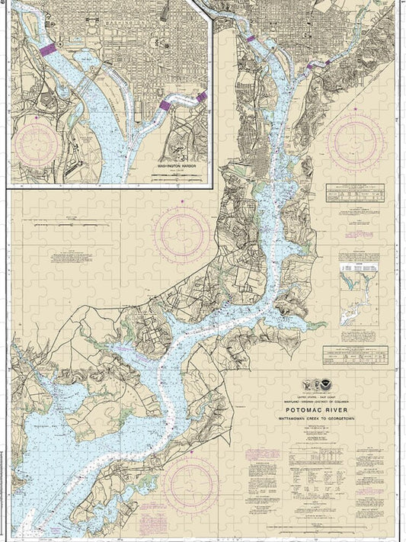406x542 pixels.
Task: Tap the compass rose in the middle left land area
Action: [x=182, y=233]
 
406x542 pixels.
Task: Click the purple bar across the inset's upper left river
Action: [x=47, y=48]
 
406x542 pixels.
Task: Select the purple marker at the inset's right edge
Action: [x=201, y=97]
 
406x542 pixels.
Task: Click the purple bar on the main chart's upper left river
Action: [x=248, y=37]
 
